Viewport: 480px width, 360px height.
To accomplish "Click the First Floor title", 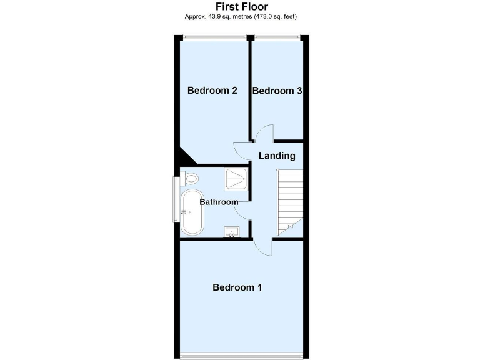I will point(241,7).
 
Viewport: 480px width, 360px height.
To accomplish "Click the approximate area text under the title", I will point(241,17).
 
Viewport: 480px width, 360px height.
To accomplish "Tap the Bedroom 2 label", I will point(212,91).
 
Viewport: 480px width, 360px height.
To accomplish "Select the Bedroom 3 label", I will point(277,91).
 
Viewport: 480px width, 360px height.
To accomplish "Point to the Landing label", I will point(277,156).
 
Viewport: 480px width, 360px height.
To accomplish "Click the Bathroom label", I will point(219,202).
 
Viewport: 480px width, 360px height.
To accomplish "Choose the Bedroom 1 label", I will point(237,287).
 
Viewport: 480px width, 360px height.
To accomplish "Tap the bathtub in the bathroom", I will point(191,212).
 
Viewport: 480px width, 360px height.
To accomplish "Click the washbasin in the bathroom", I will point(232,233).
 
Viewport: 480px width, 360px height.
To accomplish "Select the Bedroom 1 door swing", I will point(264,246).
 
